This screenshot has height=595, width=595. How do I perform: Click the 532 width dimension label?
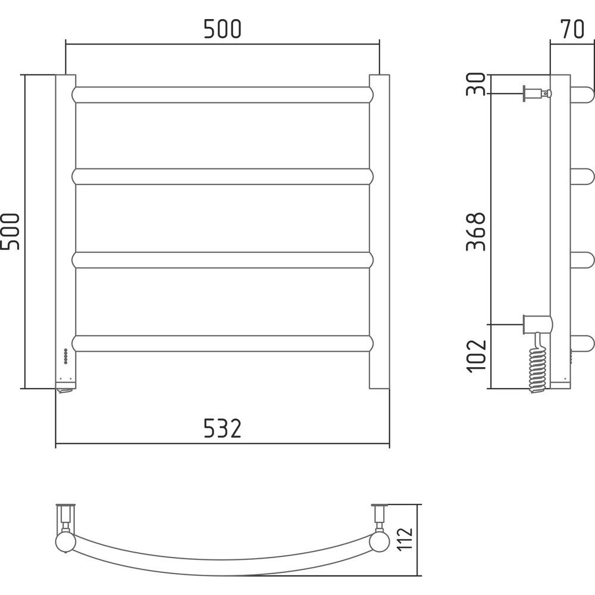click(x=223, y=428)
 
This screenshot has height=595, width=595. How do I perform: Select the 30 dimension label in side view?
click(x=476, y=84)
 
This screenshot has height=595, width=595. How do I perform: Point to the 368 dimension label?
click(x=476, y=231)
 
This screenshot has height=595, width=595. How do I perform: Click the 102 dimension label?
click(x=476, y=356)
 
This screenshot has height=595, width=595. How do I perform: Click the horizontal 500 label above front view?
click(x=223, y=29)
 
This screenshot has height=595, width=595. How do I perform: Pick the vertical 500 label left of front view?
click(x=10, y=231)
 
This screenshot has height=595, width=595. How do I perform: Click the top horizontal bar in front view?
click(x=223, y=95)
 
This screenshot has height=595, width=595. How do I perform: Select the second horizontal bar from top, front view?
click(x=223, y=177)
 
